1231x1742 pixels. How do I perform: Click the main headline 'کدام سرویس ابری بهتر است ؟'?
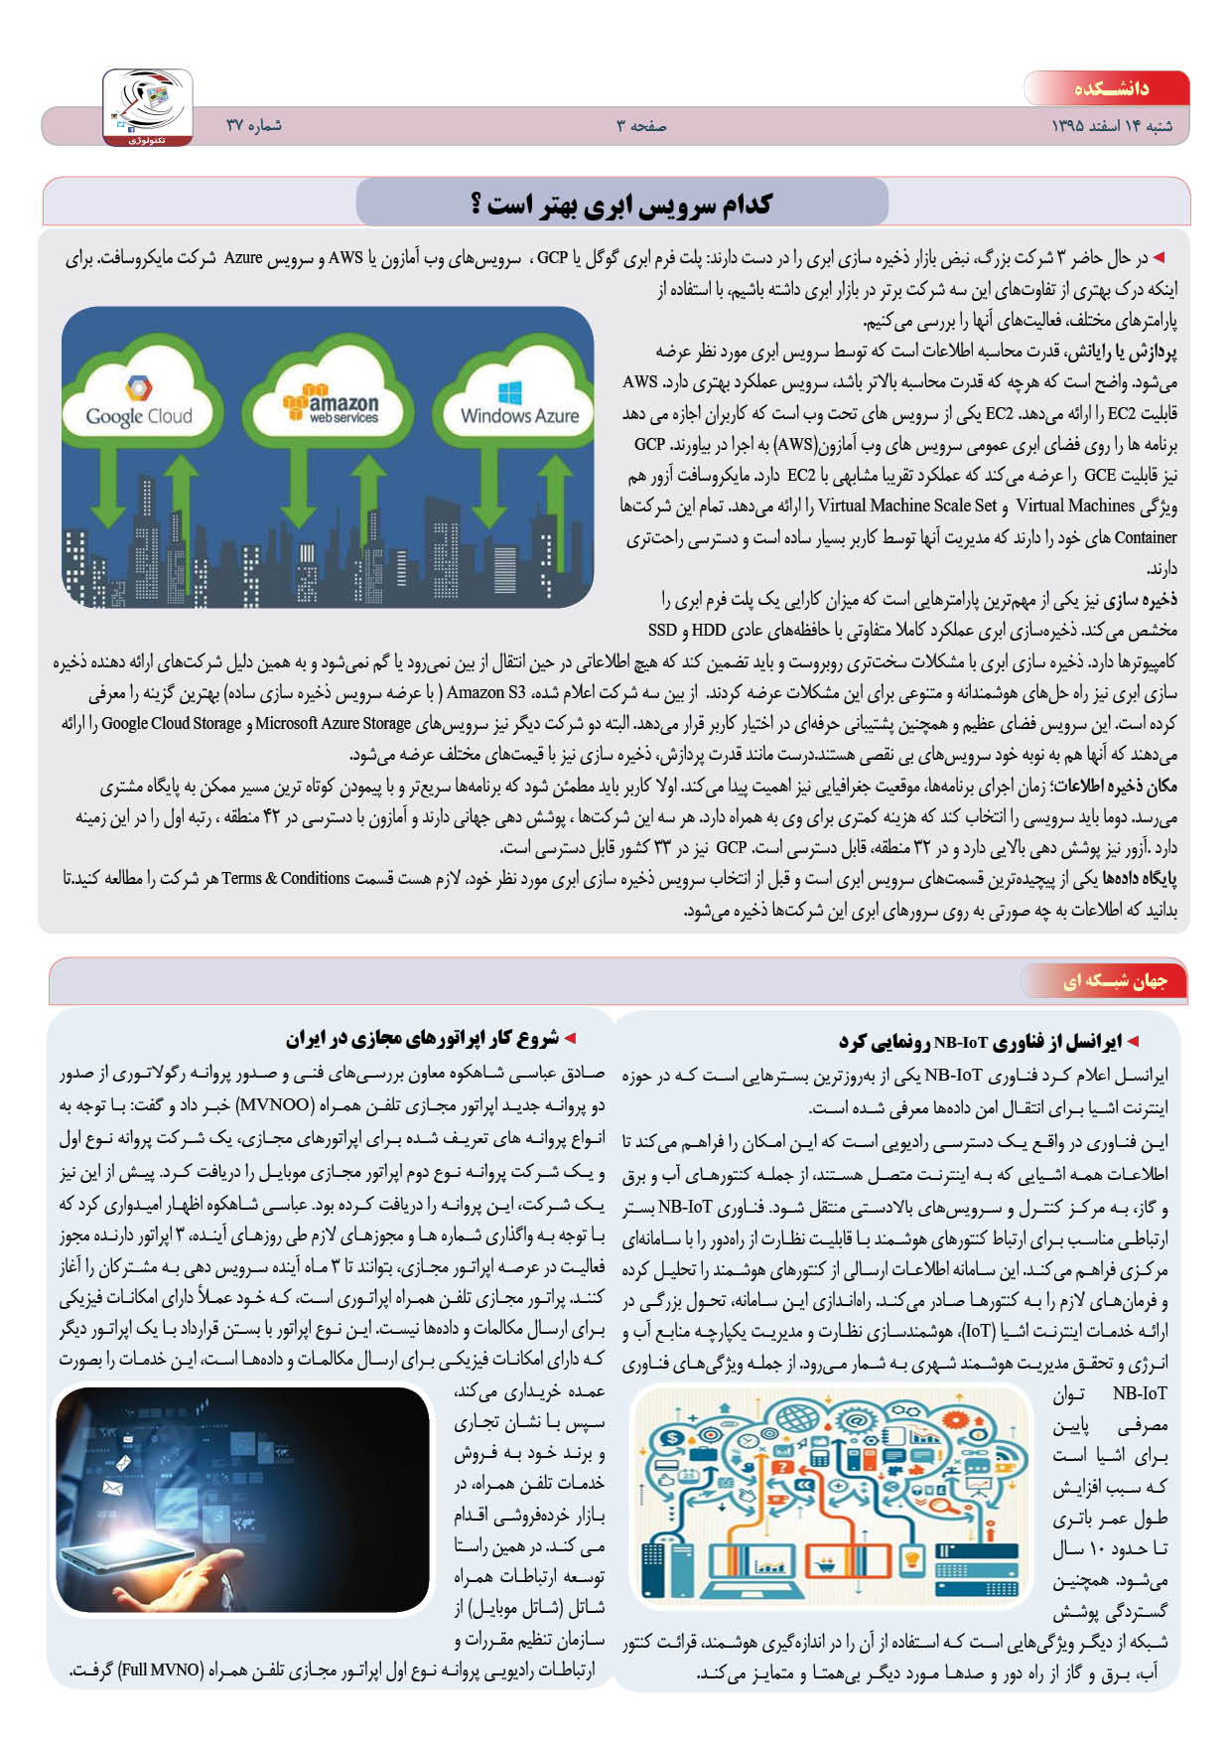[x=621, y=205]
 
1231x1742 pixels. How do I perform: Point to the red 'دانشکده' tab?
[x=1109, y=88]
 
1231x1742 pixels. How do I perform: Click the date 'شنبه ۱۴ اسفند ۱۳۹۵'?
[x=1111, y=126]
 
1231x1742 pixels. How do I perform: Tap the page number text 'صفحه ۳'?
[x=640, y=126]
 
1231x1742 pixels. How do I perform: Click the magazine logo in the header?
[x=148, y=107]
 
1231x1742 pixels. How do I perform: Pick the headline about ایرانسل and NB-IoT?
[x=989, y=1042]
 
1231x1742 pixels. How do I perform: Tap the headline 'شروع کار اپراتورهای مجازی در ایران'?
[x=421, y=1039]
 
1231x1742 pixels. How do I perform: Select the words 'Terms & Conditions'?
[x=285, y=879]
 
